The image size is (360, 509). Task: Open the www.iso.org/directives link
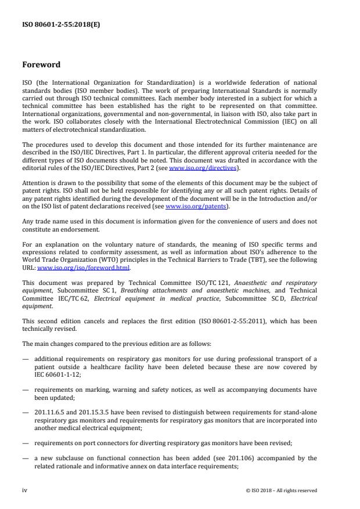(202, 168)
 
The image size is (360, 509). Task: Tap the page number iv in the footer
(25, 490)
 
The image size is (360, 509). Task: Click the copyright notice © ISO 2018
(281, 490)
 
